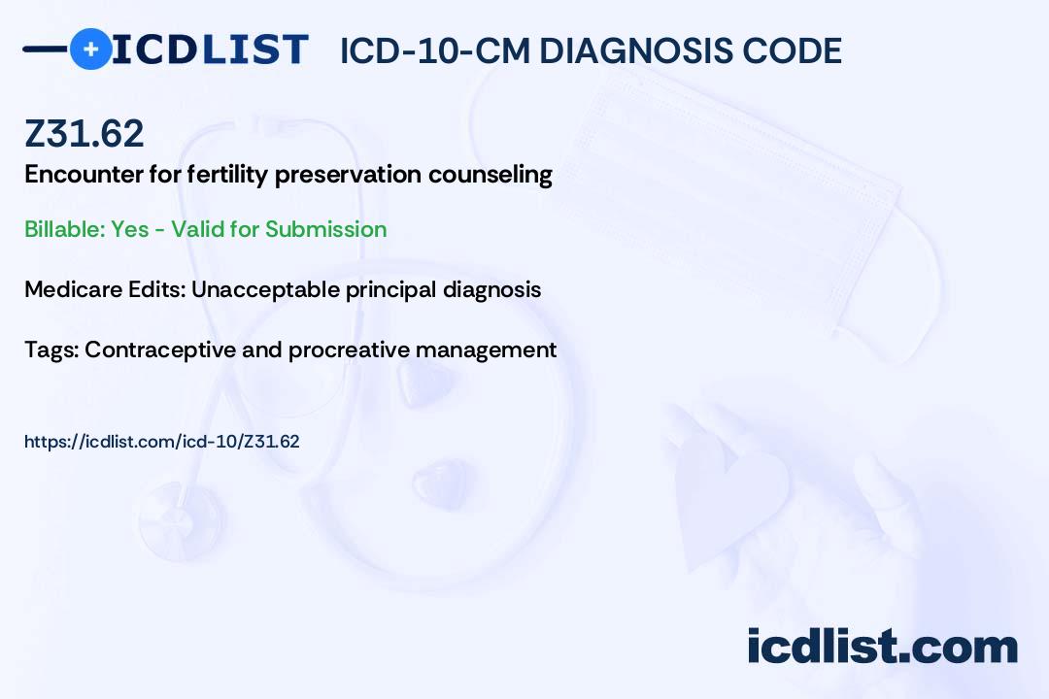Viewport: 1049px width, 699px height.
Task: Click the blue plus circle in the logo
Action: [x=90, y=49]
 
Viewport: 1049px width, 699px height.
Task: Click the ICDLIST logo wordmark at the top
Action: [x=209, y=50]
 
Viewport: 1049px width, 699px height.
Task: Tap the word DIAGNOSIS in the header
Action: [x=635, y=50]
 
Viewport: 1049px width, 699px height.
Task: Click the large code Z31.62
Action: [x=85, y=133]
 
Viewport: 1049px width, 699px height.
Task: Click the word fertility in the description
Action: [x=226, y=175]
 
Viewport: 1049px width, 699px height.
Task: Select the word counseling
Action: [x=491, y=175]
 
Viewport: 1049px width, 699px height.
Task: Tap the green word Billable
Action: [x=64, y=229]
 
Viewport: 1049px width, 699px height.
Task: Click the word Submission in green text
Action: [x=325, y=229]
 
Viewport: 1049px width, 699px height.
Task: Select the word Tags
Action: [x=51, y=349]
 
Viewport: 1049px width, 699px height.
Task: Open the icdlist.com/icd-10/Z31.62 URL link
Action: [x=162, y=442]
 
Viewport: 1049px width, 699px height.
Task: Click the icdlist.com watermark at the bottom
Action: [x=882, y=646]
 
